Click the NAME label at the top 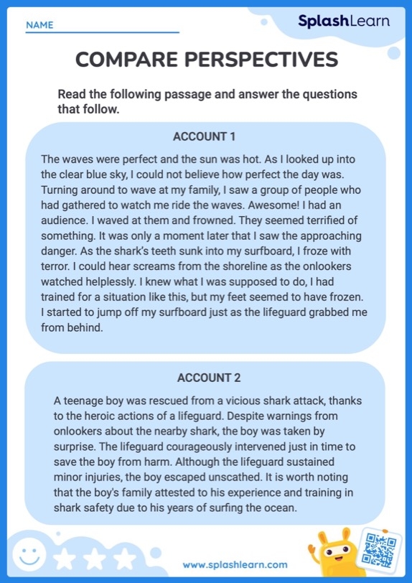[x=39, y=25]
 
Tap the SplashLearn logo [x=344, y=21]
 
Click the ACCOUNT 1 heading [x=204, y=136]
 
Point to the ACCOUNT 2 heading [x=209, y=378]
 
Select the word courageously [x=187, y=447]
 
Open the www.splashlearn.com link [x=235, y=565]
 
